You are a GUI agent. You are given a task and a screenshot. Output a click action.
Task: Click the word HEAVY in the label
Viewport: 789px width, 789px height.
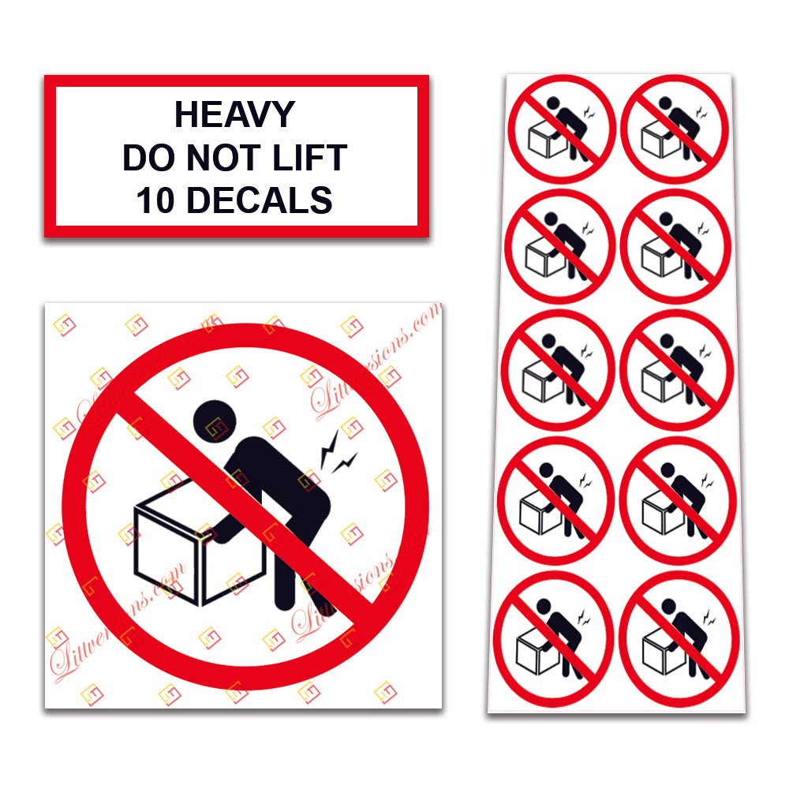(234, 115)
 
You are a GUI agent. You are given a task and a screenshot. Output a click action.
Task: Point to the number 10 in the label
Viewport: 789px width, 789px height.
(155, 201)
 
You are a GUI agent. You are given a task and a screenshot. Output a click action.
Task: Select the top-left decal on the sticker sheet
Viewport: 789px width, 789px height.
(561, 128)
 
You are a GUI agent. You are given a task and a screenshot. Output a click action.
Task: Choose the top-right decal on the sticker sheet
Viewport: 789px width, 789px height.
(675, 128)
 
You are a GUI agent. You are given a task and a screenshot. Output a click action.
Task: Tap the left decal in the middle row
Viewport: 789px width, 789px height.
(558, 369)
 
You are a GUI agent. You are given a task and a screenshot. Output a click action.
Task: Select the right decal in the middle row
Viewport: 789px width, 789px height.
(677, 369)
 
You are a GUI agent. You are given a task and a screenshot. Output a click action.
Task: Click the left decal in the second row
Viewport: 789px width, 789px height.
(559, 245)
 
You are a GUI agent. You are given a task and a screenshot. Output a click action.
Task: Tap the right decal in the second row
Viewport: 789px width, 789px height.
(676, 245)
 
